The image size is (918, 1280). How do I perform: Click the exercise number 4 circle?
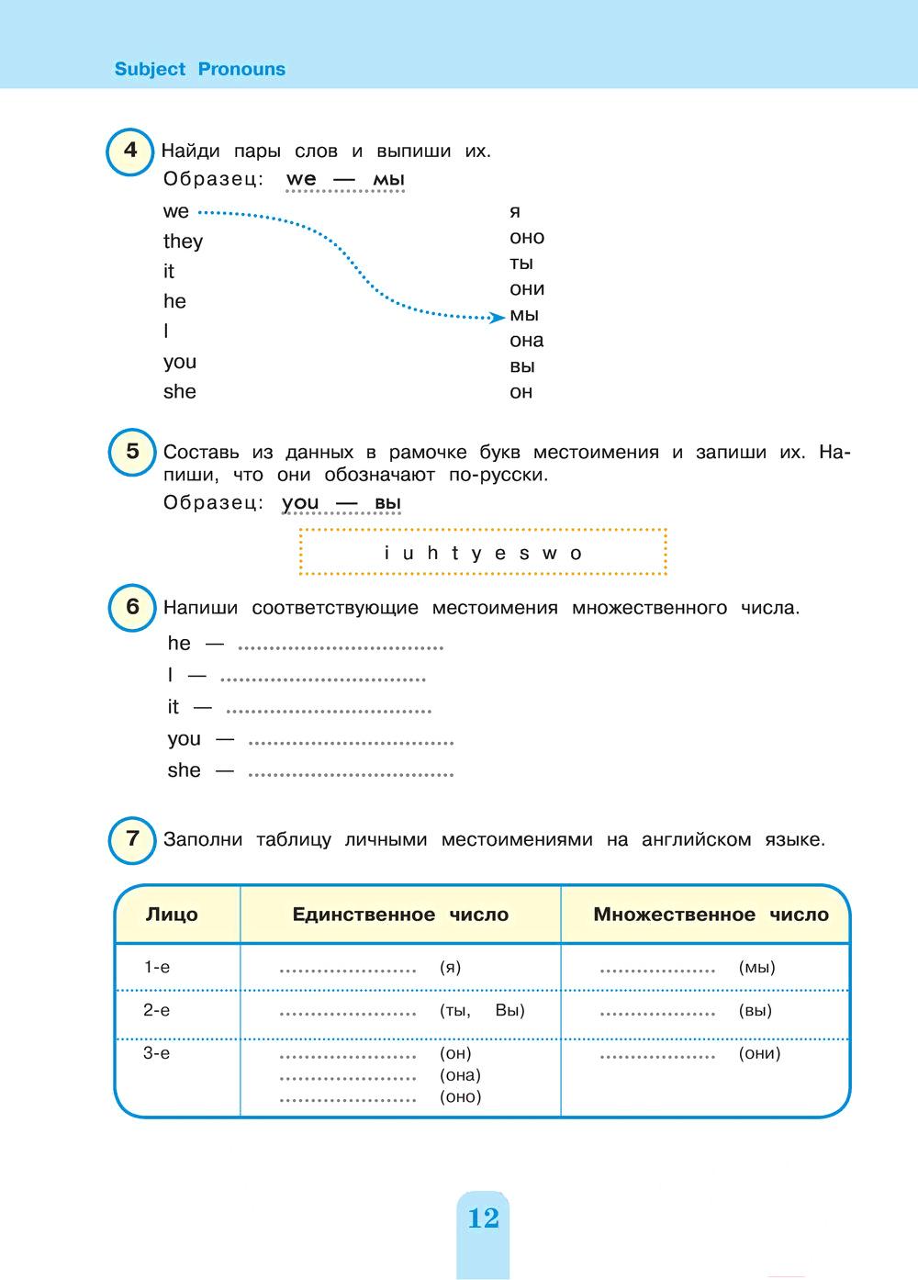(x=131, y=152)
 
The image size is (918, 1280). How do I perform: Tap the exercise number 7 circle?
(x=133, y=839)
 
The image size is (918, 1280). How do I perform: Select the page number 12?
(x=483, y=1218)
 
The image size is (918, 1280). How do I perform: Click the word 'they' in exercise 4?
(x=183, y=241)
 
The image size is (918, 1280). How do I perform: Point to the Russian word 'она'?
(x=527, y=341)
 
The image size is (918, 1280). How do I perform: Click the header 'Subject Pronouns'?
(x=199, y=69)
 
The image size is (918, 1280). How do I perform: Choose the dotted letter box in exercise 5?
(x=483, y=553)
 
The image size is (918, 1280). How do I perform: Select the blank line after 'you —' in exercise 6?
(x=351, y=742)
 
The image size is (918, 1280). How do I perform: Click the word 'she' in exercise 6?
(x=184, y=770)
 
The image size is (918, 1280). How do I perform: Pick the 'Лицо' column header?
(x=172, y=915)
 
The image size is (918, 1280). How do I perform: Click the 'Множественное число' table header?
(x=711, y=915)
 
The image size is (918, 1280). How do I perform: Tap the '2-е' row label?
(x=157, y=1010)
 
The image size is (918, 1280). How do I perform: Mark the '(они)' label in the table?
(x=759, y=1053)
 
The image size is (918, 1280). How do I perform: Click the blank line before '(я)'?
(x=348, y=970)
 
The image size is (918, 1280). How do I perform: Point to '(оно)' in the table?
(x=460, y=1096)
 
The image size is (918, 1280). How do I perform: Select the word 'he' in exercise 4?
(x=174, y=302)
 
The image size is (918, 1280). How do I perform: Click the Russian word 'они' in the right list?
(x=527, y=289)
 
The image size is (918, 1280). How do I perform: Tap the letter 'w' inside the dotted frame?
(x=549, y=554)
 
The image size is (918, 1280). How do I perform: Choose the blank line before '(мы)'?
(x=657, y=970)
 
